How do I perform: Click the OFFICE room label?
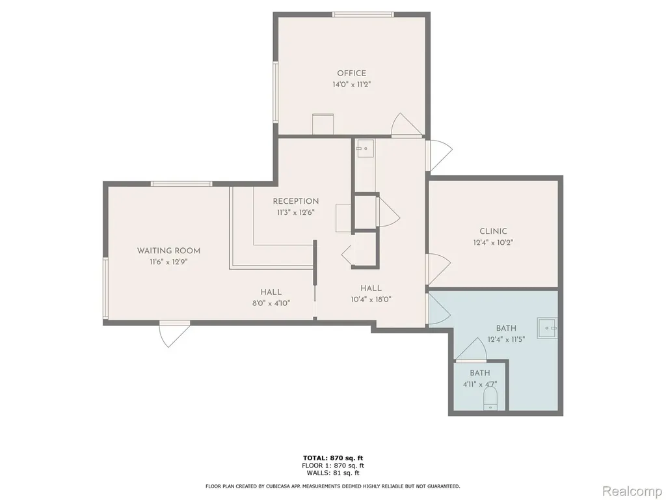[x=351, y=73]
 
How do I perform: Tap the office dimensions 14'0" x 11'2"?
[x=352, y=84]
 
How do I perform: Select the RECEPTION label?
[x=296, y=201]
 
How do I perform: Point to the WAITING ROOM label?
[x=168, y=251]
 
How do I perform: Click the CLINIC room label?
[x=493, y=231]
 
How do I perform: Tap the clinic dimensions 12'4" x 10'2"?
[x=493, y=243]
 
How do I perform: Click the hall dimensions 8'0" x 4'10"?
[x=271, y=303]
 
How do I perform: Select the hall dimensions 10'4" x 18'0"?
[x=371, y=299]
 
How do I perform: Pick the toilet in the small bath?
[x=490, y=400]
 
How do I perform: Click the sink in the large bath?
[x=547, y=328]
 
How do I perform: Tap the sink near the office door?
[x=365, y=148]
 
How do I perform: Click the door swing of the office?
[x=406, y=125]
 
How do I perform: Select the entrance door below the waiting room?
[x=174, y=334]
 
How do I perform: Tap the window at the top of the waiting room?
[x=181, y=184]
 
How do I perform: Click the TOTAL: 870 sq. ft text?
[x=333, y=458]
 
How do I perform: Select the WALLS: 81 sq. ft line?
[x=333, y=473]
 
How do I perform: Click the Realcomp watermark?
[x=632, y=491]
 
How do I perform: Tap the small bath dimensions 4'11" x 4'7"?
[x=479, y=384]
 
